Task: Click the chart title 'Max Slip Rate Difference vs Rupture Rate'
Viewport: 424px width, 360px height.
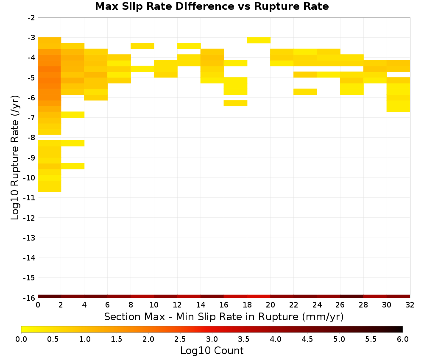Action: (x=212, y=6)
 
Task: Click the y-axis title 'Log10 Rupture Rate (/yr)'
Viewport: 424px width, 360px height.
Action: (x=15, y=158)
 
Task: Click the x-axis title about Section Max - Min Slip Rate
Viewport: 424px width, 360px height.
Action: (x=224, y=316)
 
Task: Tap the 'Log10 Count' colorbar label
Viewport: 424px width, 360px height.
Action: (x=212, y=351)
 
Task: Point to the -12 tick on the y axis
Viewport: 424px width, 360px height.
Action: (x=29, y=218)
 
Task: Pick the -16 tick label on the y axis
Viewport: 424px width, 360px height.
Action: (x=29, y=298)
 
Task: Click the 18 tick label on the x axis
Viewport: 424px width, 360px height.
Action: (x=247, y=305)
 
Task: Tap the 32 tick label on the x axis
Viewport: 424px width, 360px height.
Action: (x=410, y=305)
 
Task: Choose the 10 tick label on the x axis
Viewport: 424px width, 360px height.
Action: (x=154, y=305)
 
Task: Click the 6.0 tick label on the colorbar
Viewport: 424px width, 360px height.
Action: (x=403, y=339)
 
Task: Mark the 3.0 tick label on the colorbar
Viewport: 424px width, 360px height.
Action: (x=212, y=339)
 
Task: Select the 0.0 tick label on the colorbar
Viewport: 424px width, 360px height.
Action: (x=21, y=339)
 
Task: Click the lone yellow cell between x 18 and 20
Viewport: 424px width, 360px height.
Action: (x=259, y=40)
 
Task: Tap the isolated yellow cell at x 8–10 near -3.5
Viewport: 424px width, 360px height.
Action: (x=142, y=46)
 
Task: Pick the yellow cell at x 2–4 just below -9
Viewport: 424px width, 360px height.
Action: (x=73, y=166)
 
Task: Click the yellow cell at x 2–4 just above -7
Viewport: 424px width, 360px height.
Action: (x=73, y=114)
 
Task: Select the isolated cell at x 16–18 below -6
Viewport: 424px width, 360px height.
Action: (x=235, y=103)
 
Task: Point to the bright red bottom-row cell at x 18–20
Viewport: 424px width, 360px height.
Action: (x=259, y=296)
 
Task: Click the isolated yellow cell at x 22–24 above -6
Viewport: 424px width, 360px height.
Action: (x=305, y=92)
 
